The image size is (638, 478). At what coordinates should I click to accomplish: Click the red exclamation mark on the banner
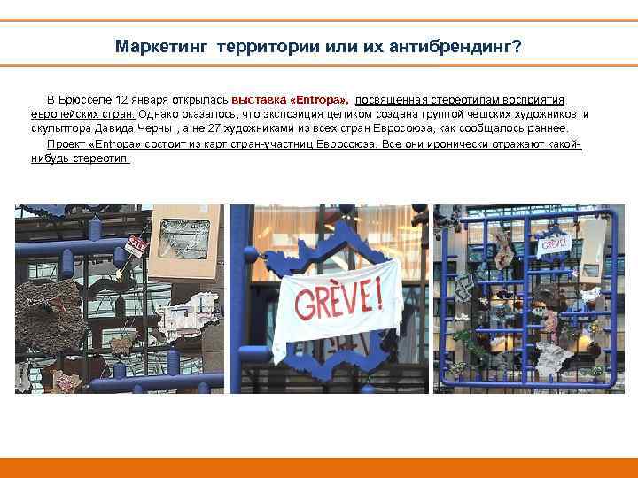pyautogui.click(x=380, y=293)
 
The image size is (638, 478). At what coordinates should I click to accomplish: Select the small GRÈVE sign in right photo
pyautogui.click(x=554, y=242)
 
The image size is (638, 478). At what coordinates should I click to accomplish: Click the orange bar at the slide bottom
pyautogui.click(x=319, y=467)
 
